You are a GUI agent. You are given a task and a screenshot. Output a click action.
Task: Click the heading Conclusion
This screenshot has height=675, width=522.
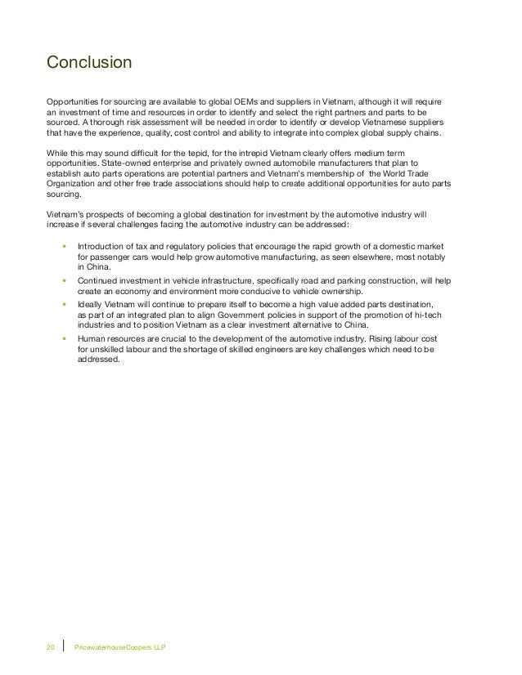point(89,62)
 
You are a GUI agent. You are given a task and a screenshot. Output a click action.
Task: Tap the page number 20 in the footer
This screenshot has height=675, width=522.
point(49,647)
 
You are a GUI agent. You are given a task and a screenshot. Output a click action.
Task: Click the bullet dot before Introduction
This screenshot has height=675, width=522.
point(63,246)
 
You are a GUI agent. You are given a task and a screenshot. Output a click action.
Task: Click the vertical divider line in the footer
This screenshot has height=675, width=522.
point(64,647)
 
